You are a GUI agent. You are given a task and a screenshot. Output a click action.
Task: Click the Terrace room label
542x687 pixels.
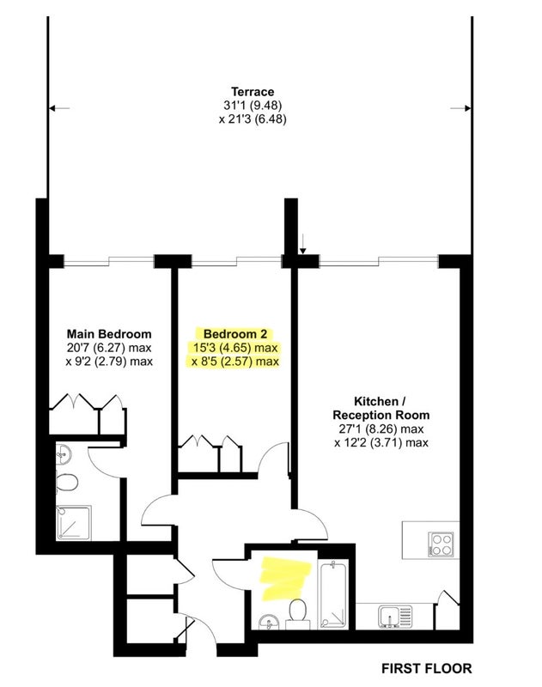coord(253,92)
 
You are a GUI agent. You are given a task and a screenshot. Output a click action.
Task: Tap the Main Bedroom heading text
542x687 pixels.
coord(109,334)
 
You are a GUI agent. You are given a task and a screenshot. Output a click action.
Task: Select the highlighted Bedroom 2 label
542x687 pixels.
coord(234,334)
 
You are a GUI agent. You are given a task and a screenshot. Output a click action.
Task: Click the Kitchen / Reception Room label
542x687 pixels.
coord(381,408)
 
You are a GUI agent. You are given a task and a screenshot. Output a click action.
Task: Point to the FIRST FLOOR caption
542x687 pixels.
coord(427,669)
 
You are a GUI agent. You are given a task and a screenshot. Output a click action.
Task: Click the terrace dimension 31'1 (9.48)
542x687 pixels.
coord(253,105)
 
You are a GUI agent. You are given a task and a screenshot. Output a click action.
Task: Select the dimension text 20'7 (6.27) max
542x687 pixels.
coord(109,348)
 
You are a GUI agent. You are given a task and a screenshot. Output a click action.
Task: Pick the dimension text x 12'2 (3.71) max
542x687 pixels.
coord(381,442)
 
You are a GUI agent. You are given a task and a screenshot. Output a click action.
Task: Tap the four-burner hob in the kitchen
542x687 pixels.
coord(441,544)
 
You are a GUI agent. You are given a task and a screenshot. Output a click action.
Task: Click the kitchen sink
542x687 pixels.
coord(395,617)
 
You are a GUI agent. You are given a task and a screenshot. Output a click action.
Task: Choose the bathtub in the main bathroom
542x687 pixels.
coord(334,595)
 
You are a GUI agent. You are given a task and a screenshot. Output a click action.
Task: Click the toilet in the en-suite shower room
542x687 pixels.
coord(67,483)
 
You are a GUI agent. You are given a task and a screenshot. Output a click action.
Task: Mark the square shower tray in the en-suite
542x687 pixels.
coord(74,523)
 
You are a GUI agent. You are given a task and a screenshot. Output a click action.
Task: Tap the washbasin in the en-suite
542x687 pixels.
coord(64,454)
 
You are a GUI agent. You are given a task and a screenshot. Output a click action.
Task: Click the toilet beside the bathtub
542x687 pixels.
coord(298,613)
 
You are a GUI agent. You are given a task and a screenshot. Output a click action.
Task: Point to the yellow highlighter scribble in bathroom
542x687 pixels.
coord(285,578)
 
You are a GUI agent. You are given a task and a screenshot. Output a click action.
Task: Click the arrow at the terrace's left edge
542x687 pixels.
coord(59,108)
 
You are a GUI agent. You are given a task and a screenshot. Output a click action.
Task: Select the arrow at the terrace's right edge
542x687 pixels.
coord(460,108)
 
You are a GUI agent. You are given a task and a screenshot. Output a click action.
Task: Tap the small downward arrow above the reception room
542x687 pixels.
coord(303,244)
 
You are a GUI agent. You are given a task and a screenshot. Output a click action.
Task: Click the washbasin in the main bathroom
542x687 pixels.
coord(269,622)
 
